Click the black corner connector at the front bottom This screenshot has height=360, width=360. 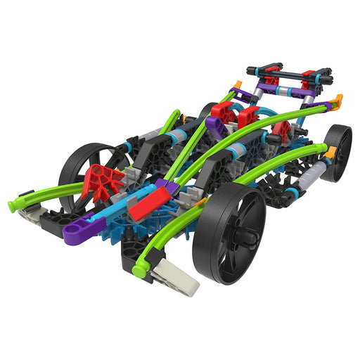(x=130, y=257)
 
